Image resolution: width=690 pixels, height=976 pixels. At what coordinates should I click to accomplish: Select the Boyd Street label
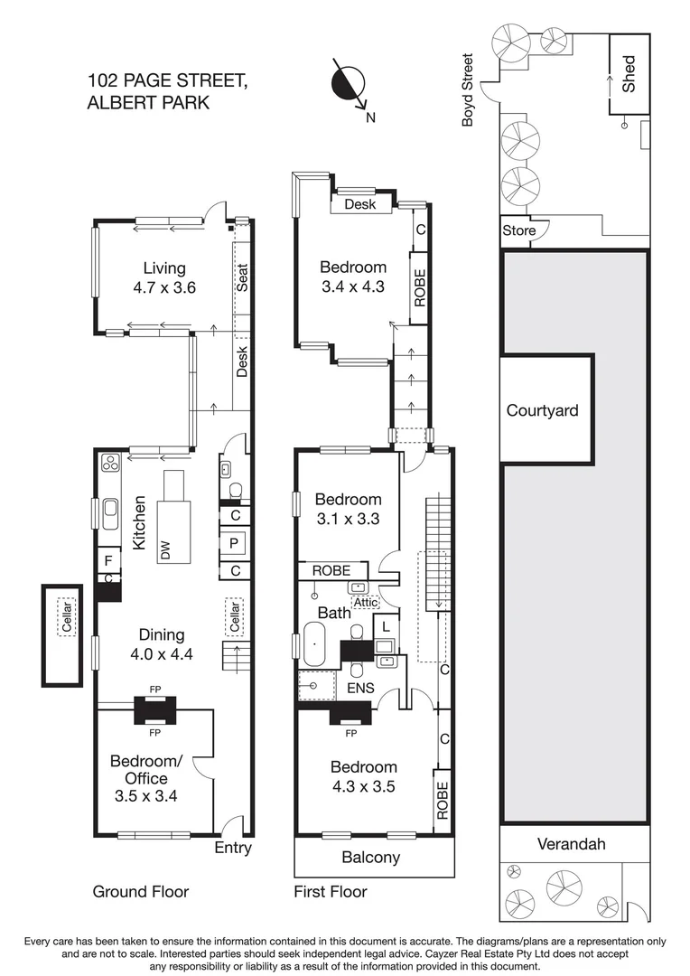coord(468,89)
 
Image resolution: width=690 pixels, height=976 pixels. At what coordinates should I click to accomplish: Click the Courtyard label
coord(542,410)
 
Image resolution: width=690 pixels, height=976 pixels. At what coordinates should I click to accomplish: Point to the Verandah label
coord(571,844)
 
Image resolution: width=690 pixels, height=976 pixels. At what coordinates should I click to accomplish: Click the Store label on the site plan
coord(518,230)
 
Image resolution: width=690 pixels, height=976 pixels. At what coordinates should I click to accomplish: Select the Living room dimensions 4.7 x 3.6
coord(163,289)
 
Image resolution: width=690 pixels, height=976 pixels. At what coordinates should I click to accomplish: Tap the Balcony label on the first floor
coord(370,857)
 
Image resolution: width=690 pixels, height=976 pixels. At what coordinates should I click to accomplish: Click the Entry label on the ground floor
coord(232,848)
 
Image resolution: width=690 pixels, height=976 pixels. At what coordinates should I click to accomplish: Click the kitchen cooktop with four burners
coord(111,464)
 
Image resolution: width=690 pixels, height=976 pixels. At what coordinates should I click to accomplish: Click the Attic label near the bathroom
coord(365,603)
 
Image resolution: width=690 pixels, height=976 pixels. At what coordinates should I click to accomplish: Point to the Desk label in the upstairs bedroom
coord(359,204)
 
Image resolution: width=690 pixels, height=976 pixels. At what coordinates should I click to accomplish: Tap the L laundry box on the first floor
coord(386,625)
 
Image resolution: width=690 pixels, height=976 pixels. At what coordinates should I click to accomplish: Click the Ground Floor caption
coord(141,892)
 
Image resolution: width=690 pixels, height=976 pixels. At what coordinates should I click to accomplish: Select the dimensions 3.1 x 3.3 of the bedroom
coord(348,519)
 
